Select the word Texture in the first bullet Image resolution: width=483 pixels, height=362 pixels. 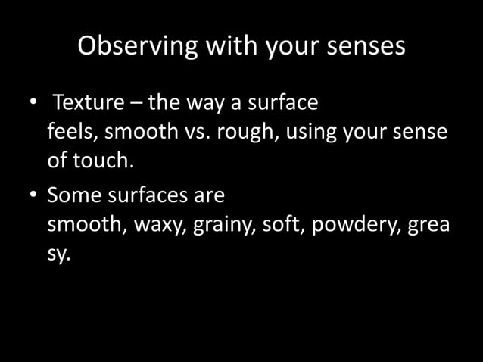tap(83, 102)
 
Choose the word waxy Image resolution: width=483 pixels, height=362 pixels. tap(159, 225)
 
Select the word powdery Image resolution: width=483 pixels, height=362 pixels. tap(354, 225)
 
